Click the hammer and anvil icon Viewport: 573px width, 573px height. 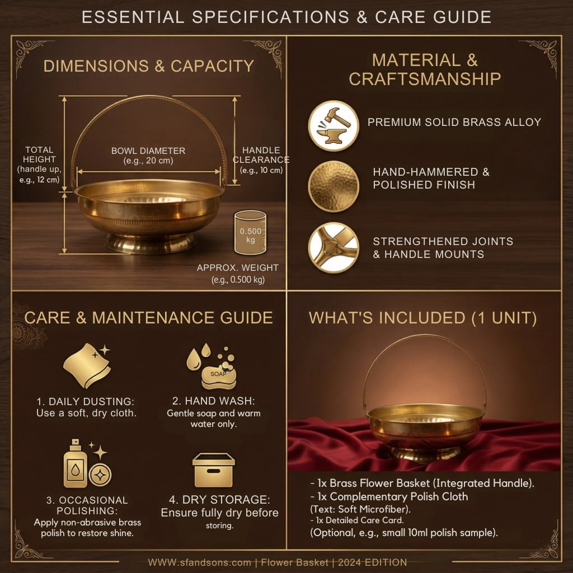(x=334, y=126)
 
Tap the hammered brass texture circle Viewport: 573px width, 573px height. (x=334, y=186)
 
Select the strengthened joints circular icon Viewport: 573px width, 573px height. (x=334, y=247)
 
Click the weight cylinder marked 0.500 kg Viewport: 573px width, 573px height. (x=250, y=232)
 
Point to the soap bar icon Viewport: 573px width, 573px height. (x=219, y=377)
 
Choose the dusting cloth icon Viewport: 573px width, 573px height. (x=87, y=365)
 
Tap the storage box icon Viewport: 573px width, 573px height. (x=213, y=470)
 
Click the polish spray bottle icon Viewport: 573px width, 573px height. (x=76, y=464)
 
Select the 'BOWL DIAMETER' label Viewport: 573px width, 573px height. (x=148, y=151)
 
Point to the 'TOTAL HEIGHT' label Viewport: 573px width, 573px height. (x=39, y=154)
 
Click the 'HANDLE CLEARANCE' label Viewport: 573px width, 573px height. (x=261, y=155)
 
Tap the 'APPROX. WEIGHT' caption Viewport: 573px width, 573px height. (x=237, y=267)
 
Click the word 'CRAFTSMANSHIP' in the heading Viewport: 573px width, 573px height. (x=425, y=79)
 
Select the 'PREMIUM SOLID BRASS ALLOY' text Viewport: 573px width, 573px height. (x=454, y=122)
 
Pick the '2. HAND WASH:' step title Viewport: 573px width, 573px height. (x=213, y=401)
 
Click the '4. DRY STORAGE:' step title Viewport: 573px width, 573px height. (x=219, y=500)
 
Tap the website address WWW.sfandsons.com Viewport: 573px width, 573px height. (x=200, y=562)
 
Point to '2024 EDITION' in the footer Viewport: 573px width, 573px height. (x=372, y=562)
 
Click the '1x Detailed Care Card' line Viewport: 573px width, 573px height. (x=357, y=520)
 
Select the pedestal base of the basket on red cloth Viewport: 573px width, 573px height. (x=425, y=453)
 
